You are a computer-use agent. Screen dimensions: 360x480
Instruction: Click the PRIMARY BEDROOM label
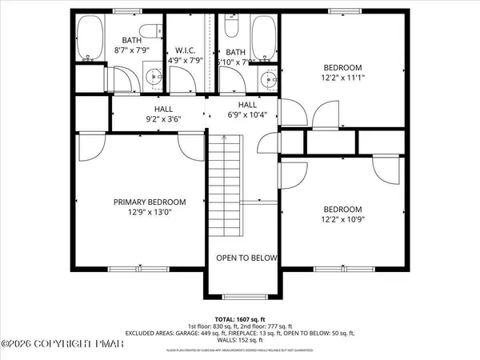coord(138,202)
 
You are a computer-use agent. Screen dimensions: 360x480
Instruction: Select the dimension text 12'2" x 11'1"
coord(342,78)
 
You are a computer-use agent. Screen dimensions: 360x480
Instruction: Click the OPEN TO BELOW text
coord(247,258)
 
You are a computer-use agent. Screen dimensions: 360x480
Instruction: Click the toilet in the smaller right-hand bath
coord(231,28)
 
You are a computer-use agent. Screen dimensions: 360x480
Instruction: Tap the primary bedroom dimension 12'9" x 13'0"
coord(138,213)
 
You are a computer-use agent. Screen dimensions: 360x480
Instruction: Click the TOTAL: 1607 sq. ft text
coord(247,318)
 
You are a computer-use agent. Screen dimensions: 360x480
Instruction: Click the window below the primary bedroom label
coord(128,267)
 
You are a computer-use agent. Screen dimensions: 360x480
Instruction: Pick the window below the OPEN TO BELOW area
coord(246,296)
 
